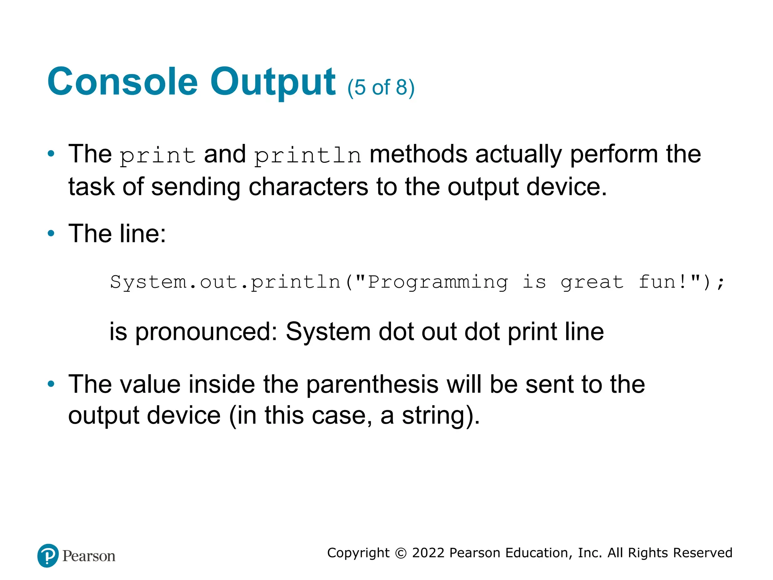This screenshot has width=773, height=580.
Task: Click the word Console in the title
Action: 122,82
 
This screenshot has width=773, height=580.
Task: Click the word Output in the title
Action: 273,82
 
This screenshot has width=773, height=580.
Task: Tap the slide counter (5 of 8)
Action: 381,88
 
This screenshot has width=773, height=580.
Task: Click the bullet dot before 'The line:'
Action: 51,233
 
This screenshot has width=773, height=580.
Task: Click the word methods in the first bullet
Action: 418,154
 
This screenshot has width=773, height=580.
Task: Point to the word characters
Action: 308,187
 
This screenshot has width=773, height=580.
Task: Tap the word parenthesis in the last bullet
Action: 372,384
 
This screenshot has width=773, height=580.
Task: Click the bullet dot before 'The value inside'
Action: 51,384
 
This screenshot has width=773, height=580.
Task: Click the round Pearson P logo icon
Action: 48,555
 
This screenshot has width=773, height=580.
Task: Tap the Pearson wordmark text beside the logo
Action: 89,556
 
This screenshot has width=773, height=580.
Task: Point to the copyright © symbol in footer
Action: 400,553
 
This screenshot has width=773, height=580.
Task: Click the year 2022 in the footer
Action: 428,553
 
